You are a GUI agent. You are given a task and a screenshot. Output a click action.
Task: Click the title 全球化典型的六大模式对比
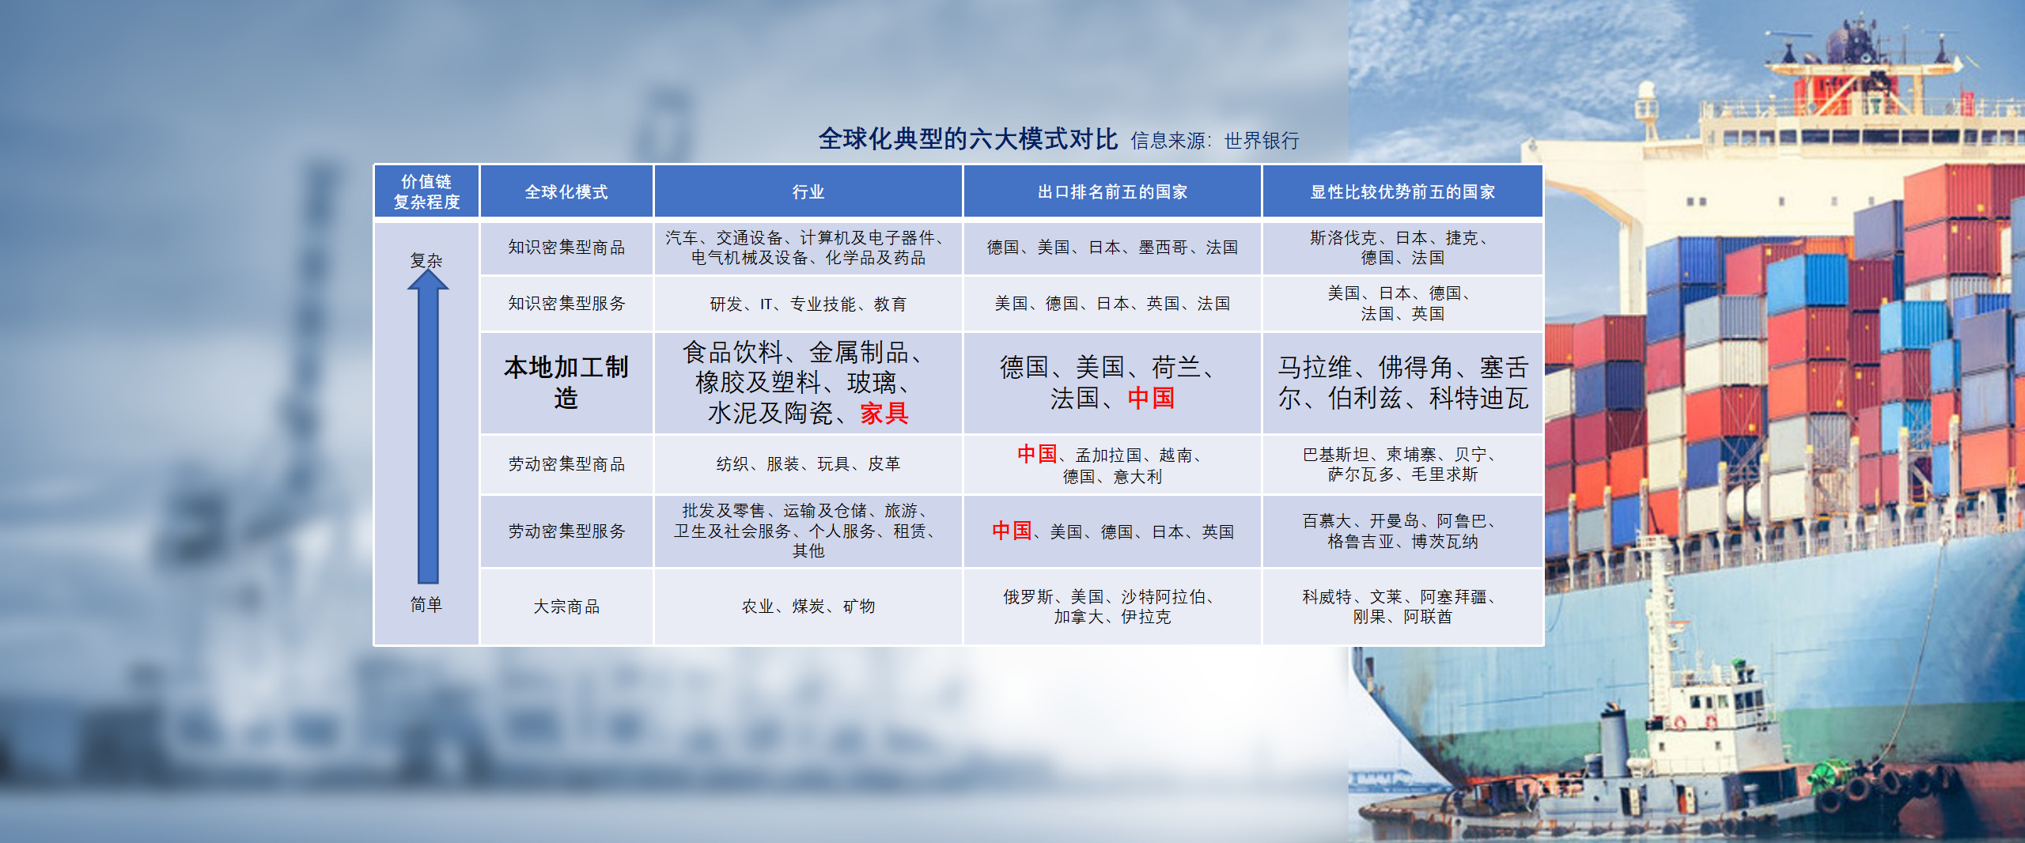tap(967, 139)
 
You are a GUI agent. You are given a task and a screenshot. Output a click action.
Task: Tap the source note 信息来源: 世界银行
tap(1214, 141)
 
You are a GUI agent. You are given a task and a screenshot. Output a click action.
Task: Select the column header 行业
tap(808, 191)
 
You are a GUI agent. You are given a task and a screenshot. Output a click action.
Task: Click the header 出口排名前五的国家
tap(1112, 191)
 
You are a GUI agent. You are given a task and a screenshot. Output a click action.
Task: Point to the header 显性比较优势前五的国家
tap(1402, 191)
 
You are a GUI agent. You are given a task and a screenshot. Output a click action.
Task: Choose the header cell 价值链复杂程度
tap(426, 191)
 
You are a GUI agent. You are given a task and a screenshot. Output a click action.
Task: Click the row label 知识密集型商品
tap(566, 248)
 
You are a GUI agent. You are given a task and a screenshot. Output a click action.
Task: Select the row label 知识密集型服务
tap(566, 304)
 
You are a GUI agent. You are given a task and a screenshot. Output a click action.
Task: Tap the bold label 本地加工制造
tap(566, 383)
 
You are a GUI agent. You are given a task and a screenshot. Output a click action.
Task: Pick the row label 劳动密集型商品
tap(566, 464)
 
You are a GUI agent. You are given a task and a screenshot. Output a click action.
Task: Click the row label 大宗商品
tap(566, 607)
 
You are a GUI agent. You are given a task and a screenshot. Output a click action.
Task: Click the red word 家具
tap(884, 413)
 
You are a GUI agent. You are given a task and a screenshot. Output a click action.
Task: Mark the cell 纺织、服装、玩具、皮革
tap(808, 464)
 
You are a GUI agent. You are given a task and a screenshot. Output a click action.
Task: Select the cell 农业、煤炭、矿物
tap(808, 607)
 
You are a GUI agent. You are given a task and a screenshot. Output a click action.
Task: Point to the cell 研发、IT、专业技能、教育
tap(808, 304)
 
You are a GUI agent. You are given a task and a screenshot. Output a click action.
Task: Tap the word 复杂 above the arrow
tap(426, 260)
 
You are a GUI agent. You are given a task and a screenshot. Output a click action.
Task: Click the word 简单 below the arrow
tap(426, 605)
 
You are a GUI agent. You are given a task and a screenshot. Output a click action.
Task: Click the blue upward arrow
tap(428, 427)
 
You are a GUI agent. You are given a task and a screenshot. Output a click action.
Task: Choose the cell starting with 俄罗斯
tap(1112, 607)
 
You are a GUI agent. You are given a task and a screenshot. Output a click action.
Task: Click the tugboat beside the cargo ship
tap(1701, 759)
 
